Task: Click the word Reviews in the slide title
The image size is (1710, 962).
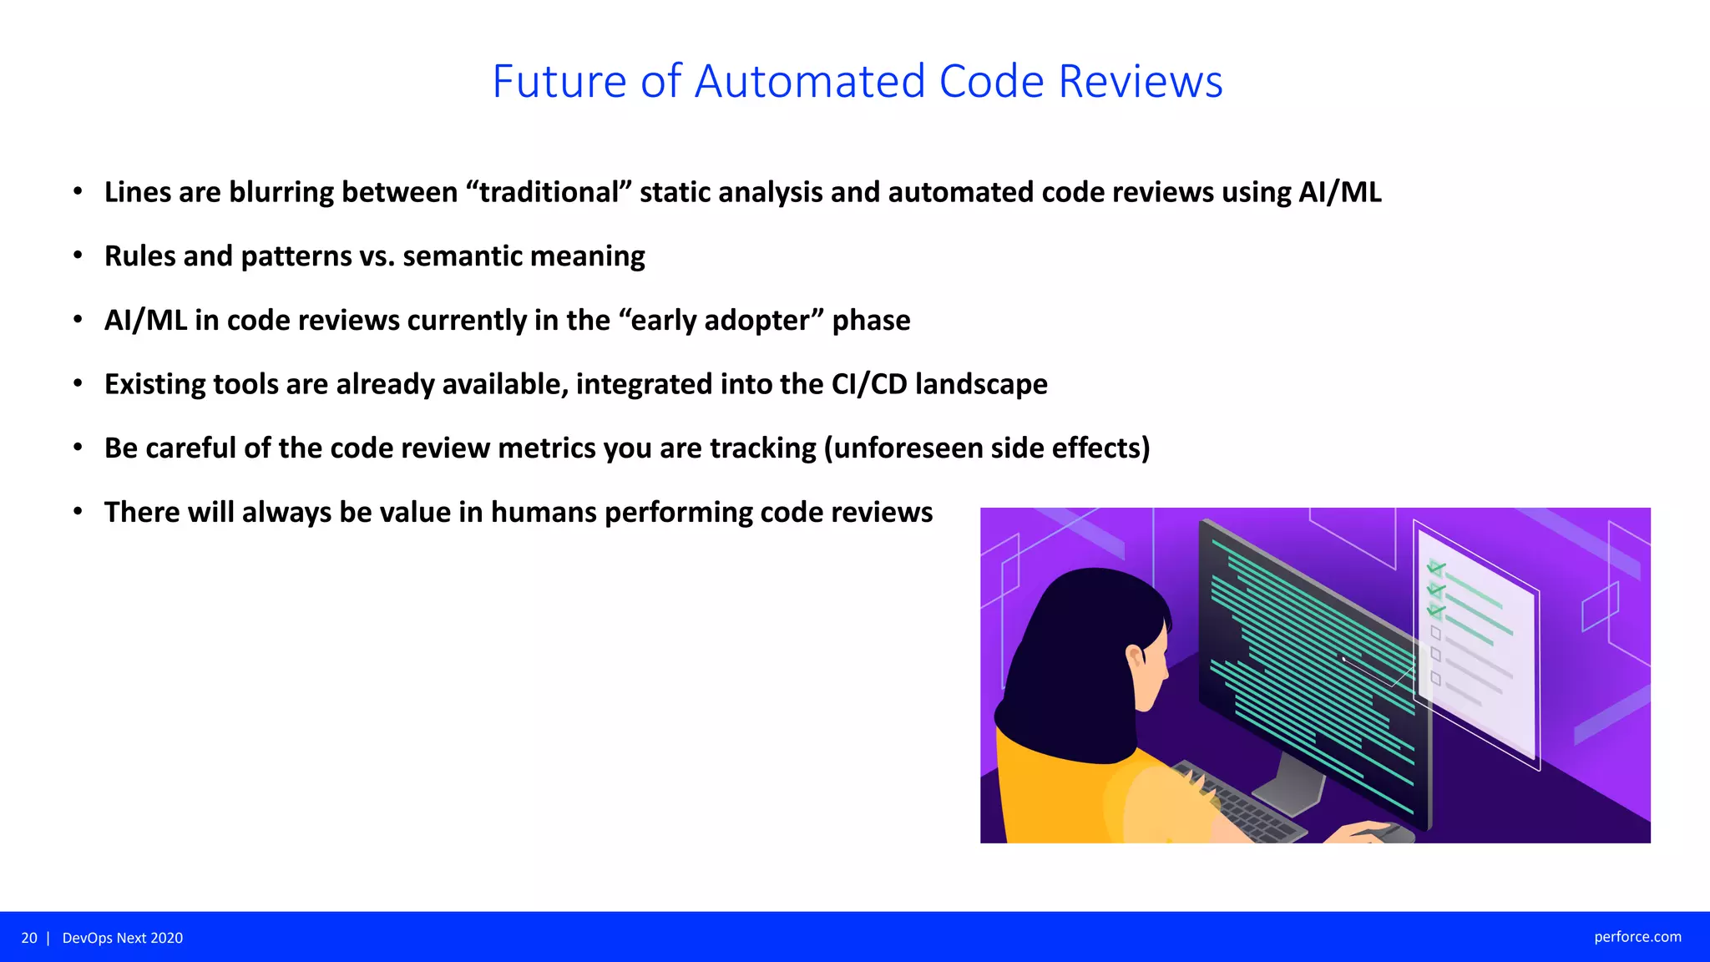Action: [1140, 82]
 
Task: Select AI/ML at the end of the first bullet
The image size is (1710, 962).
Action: [1339, 192]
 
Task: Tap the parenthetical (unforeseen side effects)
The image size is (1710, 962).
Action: [987, 448]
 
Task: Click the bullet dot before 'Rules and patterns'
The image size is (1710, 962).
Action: [78, 256]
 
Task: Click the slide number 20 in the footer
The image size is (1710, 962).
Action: [29, 938]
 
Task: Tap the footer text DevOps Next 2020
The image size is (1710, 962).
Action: [123, 938]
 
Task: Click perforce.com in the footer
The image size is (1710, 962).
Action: [1637, 937]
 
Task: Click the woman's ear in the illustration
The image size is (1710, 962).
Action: [1134, 657]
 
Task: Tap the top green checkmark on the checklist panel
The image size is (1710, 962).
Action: [1436, 568]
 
